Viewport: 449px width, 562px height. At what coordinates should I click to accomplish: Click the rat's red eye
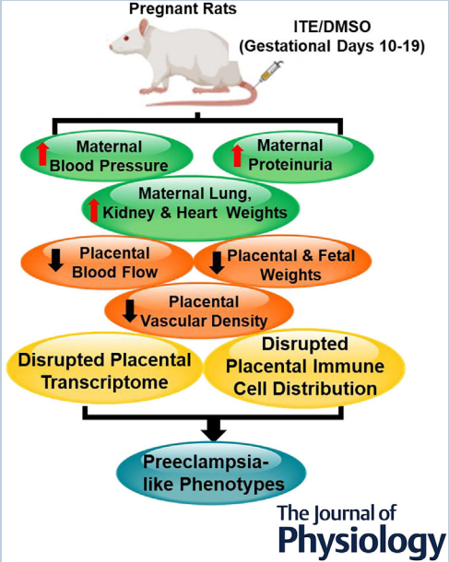coord(126,39)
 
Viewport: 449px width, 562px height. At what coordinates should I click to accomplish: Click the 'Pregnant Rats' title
coord(183,9)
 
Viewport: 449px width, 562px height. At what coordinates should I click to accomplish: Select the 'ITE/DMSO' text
coord(332,27)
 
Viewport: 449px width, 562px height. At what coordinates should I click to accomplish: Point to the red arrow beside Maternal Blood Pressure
coord(42,154)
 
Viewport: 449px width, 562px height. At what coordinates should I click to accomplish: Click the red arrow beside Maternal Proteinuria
coord(237,156)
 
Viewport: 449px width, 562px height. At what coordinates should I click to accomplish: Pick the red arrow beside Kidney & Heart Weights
coord(94,210)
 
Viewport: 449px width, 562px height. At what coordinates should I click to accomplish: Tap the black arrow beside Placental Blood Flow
coord(55,260)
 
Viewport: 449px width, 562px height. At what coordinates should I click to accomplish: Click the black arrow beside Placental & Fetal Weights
coord(217,263)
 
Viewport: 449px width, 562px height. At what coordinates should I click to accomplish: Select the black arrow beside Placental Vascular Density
coord(130,310)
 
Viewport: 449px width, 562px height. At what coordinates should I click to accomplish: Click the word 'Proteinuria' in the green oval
coord(290,165)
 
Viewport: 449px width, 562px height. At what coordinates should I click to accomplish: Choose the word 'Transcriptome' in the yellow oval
coord(105,382)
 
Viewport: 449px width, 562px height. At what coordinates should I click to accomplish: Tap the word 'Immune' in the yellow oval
coord(349,367)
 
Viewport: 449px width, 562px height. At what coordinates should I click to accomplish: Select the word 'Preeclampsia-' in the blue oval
coord(206,462)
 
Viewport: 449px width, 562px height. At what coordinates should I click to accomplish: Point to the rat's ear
coord(144,27)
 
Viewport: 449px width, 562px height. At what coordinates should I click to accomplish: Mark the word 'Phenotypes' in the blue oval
coord(231,485)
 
